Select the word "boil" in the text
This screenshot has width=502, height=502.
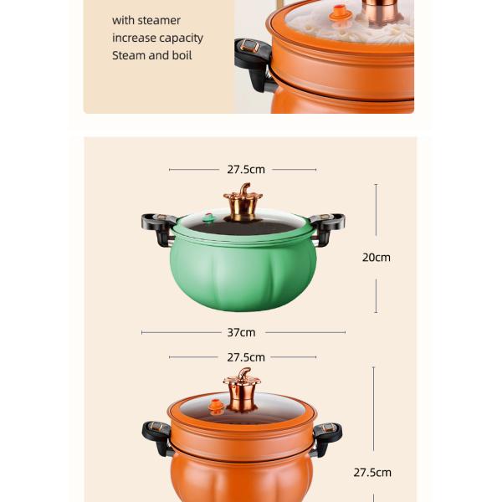point(182,55)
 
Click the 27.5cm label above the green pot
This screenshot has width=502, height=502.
point(246,169)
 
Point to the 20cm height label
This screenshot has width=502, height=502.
point(376,258)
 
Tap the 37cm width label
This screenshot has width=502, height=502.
point(241,333)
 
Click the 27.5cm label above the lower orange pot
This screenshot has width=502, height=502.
point(246,357)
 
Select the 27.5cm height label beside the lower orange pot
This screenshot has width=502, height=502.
point(372,473)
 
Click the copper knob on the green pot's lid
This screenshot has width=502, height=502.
point(243,202)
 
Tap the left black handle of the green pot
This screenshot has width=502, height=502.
point(158,228)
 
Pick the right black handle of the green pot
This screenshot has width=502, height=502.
point(327,228)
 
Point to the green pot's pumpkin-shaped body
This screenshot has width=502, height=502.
point(243,274)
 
